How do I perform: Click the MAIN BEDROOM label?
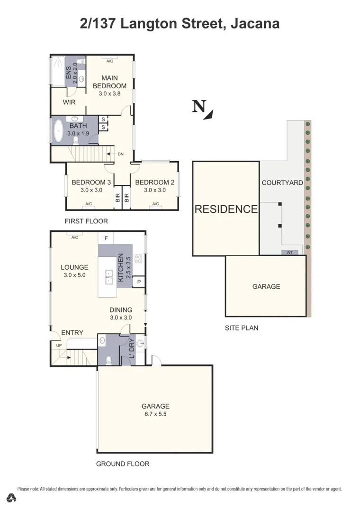109,82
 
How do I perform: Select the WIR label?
69,102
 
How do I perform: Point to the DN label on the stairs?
121,154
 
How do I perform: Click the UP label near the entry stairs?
59,346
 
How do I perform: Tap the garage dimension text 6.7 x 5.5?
155,414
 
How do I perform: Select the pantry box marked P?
139,282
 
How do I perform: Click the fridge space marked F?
106,238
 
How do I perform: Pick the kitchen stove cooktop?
139,259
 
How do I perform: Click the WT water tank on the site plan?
289,253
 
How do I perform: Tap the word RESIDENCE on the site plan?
226,209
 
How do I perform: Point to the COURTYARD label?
282,183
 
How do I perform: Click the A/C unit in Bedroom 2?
155,204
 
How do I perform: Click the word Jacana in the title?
254,23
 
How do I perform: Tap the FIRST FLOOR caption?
86,221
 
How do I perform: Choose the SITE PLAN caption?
242,328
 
